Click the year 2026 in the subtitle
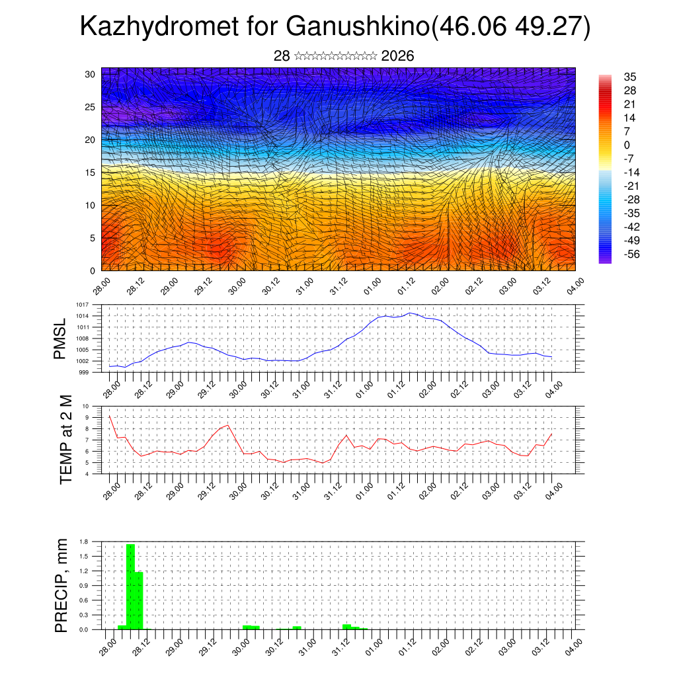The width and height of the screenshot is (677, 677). [x=397, y=56]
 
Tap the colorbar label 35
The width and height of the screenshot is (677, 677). [x=629, y=77]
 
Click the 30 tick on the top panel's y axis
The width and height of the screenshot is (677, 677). [x=89, y=74]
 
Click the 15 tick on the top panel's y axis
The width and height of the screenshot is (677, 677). [x=89, y=173]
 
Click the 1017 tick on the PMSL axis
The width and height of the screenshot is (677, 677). [x=82, y=305]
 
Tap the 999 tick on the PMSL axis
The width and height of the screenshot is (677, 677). [x=83, y=372]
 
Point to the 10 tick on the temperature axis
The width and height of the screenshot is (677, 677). [x=85, y=406]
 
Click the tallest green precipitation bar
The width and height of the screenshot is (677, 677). [x=130, y=586]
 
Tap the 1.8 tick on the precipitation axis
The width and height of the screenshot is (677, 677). [x=84, y=541]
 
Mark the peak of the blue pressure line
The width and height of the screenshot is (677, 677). [x=410, y=313]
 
